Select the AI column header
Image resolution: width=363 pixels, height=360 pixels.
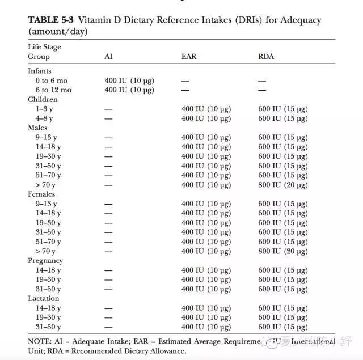(108, 57)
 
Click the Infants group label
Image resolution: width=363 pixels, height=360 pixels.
(40, 71)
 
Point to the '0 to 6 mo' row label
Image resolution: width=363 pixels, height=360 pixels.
(51, 81)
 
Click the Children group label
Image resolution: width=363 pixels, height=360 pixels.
(43, 99)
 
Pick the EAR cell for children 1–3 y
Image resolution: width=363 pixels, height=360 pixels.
(206, 109)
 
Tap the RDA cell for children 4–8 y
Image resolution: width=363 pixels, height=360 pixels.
(283, 118)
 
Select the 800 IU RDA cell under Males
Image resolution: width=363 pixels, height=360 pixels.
(283, 185)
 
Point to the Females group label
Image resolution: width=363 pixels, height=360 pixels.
(41, 194)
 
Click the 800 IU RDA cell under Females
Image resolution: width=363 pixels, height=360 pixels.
(283, 251)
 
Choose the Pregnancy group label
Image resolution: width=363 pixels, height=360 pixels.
(45, 261)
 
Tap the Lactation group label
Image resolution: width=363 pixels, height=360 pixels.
(44, 298)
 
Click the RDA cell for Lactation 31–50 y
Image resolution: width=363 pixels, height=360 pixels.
(283, 327)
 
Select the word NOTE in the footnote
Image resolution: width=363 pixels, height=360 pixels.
(39, 341)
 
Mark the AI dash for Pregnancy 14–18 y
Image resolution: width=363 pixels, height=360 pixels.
(108, 270)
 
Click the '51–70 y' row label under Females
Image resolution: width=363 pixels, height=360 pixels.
(48, 242)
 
